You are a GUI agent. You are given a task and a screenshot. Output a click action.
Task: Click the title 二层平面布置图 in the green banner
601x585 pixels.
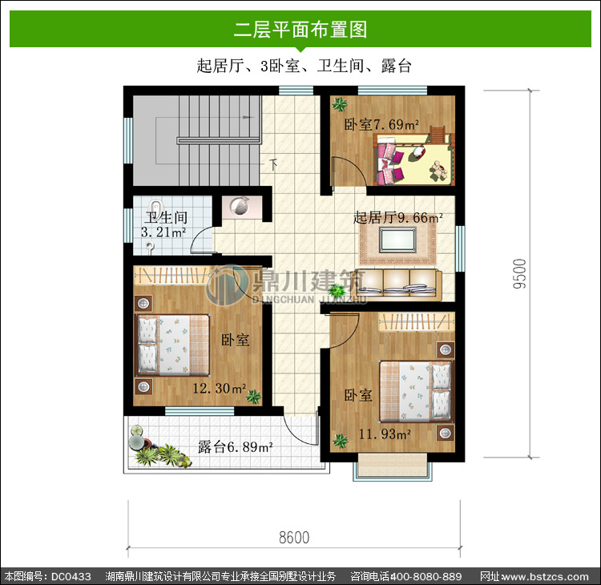coord(300,30)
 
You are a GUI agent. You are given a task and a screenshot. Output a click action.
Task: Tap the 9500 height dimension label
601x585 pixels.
coord(520,274)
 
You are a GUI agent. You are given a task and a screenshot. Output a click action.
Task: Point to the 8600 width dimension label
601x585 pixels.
coord(294,538)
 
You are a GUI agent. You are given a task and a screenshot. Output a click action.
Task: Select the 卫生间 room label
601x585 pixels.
coord(166,218)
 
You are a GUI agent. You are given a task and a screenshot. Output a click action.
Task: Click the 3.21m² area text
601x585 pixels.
coord(163,232)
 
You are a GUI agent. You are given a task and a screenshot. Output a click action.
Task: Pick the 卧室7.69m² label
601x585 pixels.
coord(381,124)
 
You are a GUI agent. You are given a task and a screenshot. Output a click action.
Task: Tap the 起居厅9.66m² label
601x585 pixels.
coord(398,218)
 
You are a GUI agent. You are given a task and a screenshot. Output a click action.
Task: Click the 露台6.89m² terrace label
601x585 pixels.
coord(236,447)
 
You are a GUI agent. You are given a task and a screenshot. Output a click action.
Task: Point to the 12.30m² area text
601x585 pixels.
coord(220,389)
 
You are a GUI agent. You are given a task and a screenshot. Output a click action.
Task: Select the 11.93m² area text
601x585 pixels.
coord(385,434)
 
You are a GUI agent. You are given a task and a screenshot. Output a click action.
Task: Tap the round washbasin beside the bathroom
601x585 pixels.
coord(240,207)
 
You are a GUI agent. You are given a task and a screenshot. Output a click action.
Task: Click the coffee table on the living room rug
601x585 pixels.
coord(397,240)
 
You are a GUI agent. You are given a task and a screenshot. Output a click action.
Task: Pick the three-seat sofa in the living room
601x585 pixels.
coord(397,284)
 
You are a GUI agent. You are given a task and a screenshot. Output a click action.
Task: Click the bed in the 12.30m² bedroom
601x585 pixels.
coord(172,345)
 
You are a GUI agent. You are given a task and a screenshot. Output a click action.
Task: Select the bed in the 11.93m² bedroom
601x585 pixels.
coord(415,391)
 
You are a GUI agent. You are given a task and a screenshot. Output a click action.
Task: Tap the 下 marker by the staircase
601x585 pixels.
coord(273,164)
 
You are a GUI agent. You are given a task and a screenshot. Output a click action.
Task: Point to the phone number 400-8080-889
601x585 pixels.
coord(426,576)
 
